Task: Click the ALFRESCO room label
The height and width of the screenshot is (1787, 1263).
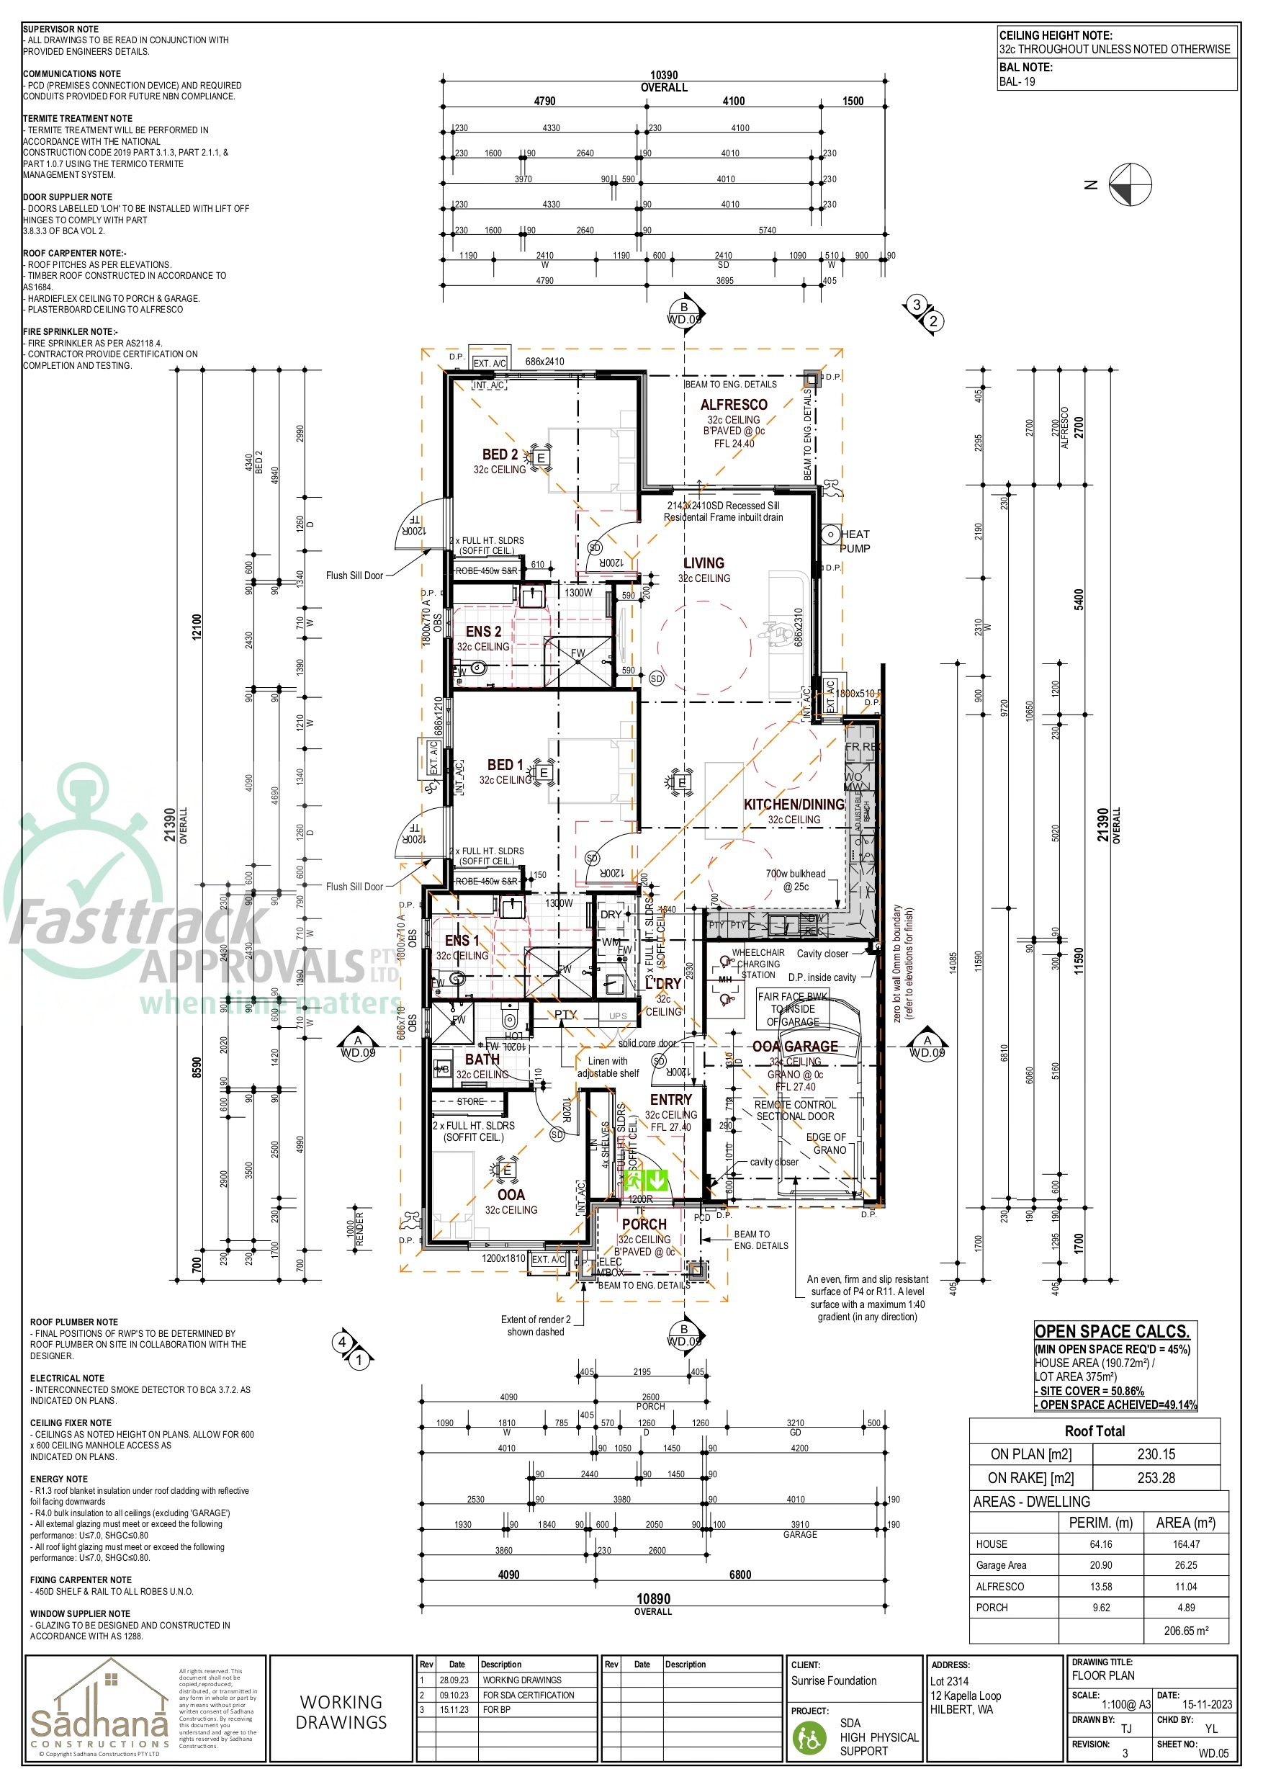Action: [733, 405]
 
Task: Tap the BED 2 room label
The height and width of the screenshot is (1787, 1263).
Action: [500, 454]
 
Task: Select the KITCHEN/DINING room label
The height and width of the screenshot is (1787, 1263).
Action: [793, 805]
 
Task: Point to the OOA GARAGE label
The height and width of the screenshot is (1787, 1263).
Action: [794, 1047]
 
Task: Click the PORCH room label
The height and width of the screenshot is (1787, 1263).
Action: [644, 1224]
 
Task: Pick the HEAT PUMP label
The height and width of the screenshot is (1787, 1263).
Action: [855, 541]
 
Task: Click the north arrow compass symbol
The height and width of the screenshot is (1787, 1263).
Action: [1129, 185]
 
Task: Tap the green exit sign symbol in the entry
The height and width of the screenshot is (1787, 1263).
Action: [647, 1181]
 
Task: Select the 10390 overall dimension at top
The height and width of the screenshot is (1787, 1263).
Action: [664, 76]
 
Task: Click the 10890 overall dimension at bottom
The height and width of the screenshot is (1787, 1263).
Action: [653, 1599]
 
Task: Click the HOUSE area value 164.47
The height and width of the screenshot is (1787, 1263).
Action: [1185, 1544]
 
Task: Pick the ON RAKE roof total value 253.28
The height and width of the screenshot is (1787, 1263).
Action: [1156, 1478]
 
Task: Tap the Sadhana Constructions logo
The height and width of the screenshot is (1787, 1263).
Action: [99, 1709]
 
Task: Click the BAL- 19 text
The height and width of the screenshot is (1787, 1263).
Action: [1017, 81]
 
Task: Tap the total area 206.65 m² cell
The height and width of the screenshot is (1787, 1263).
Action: [1185, 1631]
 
